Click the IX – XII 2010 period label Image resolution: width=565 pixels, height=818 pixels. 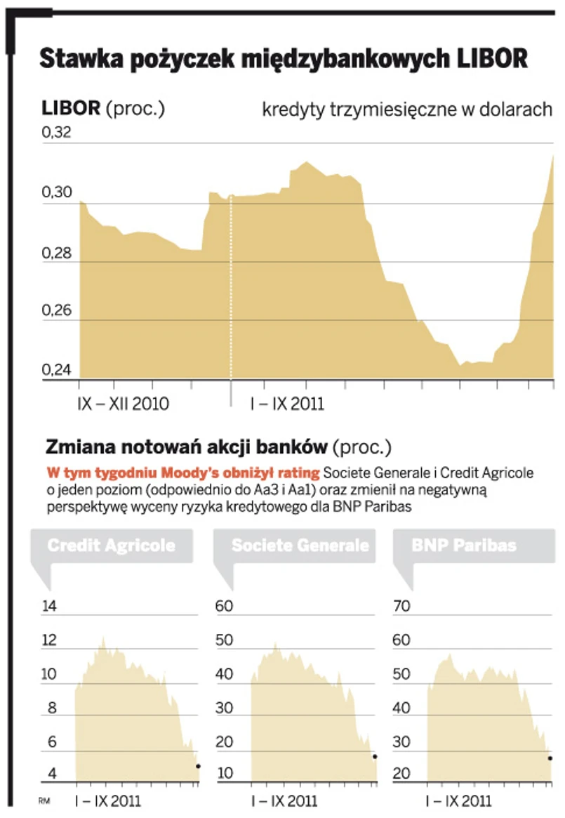click(123, 404)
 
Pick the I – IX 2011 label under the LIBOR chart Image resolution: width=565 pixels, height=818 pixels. click(288, 404)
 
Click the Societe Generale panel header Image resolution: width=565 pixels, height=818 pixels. click(300, 546)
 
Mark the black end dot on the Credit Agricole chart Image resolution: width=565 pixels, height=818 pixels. click(199, 766)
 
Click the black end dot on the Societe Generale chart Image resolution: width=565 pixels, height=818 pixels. click(375, 756)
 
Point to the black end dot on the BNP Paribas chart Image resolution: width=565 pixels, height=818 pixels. click(550, 758)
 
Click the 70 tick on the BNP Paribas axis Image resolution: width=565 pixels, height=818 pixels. click(401, 607)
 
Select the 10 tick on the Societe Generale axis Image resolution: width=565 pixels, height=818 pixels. click(223, 774)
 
